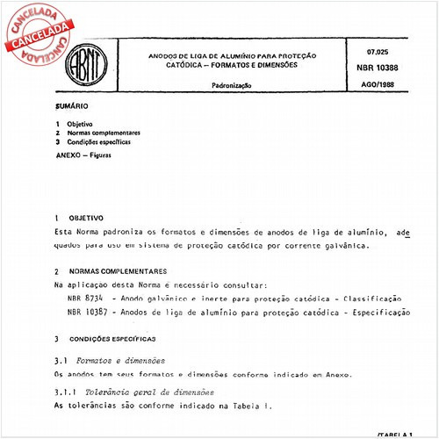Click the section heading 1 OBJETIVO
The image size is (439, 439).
78,217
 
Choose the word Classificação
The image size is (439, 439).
369,299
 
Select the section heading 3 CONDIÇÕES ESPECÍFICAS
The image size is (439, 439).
104,338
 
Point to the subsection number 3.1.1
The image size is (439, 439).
64,391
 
